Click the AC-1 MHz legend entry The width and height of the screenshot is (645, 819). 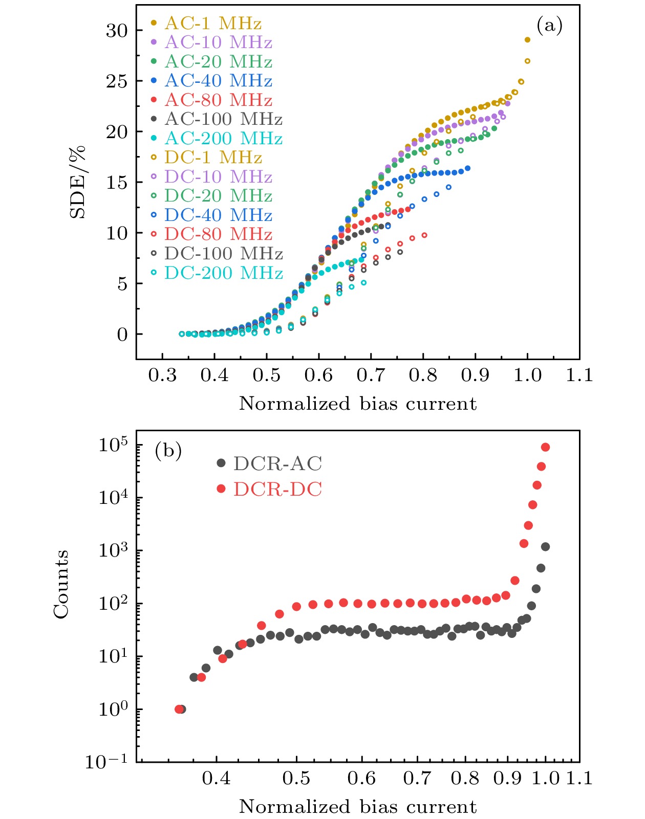point(212,24)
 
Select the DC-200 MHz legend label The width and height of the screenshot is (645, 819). point(223,273)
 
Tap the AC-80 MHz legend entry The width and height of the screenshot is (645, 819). point(218,100)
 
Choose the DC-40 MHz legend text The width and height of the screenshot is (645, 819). point(218,215)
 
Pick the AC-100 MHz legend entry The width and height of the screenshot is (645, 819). point(223,120)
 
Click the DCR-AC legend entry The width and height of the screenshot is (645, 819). point(277,464)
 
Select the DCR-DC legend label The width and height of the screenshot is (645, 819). point(277,490)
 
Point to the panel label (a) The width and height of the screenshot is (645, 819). point(549,25)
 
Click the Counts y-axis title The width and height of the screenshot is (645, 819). point(61,584)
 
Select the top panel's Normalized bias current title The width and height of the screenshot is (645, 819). point(358,404)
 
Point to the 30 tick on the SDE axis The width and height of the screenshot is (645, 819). point(117,31)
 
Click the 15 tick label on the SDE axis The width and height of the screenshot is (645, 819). point(117,183)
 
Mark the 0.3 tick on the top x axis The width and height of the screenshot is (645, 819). point(162,376)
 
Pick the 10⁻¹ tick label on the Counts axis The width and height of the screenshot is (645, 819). point(106,762)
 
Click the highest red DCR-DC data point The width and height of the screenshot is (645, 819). point(546,448)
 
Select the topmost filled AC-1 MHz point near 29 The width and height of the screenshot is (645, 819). point(527,40)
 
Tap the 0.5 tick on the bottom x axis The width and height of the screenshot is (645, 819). point(296,779)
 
